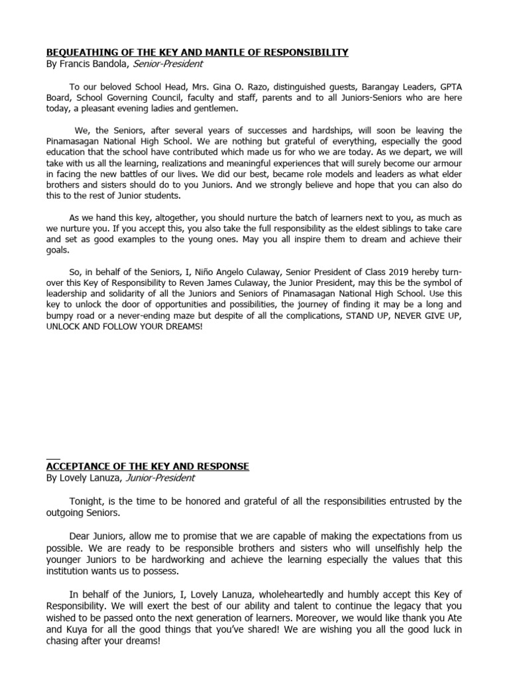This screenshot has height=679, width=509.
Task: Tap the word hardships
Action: pos(277,131)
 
